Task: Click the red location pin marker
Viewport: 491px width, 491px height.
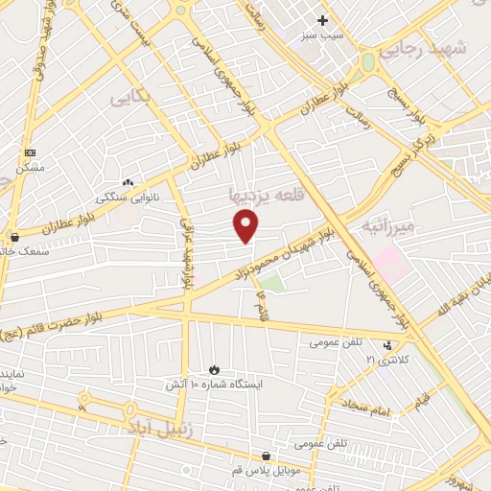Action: click(x=246, y=225)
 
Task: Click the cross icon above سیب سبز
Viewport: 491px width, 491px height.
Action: click(x=323, y=20)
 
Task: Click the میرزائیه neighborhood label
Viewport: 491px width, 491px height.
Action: click(x=389, y=226)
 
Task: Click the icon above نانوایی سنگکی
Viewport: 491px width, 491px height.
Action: click(x=128, y=182)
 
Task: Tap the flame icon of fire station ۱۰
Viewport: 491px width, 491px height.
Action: click(x=215, y=369)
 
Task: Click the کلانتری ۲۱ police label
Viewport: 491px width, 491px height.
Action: click(x=386, y=359)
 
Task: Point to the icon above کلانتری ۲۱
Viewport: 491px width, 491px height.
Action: click(x=387, y=345)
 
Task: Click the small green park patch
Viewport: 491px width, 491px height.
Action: click(x=273, y=283)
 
